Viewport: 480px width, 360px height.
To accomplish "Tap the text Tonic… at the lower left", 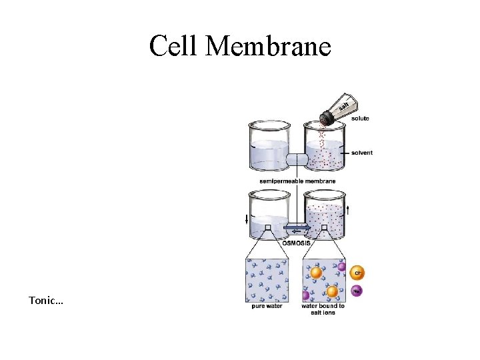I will pyautogui.click(x=46, y=301).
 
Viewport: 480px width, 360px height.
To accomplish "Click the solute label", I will pyautogui.click(x=360, y=119).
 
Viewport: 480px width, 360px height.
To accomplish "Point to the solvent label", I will pyautogui.click(x=362, y=153).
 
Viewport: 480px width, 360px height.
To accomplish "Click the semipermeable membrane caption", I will pyautogui.click(x=298, y=181).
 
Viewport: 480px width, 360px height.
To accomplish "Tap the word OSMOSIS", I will pyautogui.click(x=295, y=243).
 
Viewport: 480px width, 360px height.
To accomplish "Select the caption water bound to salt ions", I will pyautogui.click(x=323, y=309).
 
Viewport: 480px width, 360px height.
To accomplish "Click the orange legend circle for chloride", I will pyautogui.click(x=357, y=273).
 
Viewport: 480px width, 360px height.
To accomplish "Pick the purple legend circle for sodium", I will pyautogui.click(x=357, y=291).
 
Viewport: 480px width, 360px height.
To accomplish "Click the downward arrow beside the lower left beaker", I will pyautogui.click(x=247, y=219).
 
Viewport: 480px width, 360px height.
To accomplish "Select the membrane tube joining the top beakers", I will pyautogui.click(x=297, y=160).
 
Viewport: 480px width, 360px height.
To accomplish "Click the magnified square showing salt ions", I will pyautogui.click(x=323, y=280).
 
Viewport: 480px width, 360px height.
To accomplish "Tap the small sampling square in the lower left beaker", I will pyautogui.click(x=267, y=227).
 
